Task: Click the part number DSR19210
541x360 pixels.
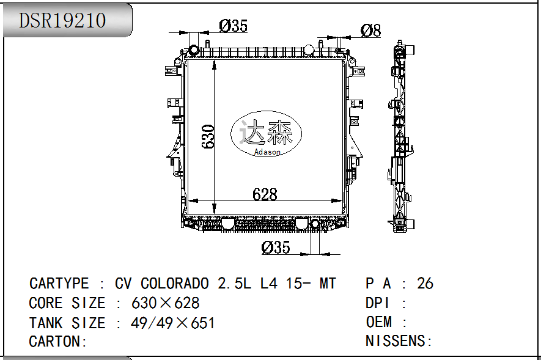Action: tap(62, 20)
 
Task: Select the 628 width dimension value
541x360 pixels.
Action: tap(265, 194)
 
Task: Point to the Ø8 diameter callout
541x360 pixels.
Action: tap(370, 30)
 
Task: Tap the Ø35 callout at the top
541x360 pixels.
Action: tap(232, 26)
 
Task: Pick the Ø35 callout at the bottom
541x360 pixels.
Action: tap(275, 248)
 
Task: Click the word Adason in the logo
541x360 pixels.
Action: tap(267, 152)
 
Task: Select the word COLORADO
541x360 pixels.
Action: tap(176, 284)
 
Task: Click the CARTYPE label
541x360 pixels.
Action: tap(59, 284)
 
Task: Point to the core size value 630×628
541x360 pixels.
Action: tap(166, 303)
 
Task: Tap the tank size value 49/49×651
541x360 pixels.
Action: tap(173, 323)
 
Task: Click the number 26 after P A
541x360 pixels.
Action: tap(425, 284)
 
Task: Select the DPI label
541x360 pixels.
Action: tap(378, 303)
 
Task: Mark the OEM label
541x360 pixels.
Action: tap(378, 322)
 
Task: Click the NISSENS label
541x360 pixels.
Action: tap(398, 342)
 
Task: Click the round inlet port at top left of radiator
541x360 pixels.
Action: tap(194, 50)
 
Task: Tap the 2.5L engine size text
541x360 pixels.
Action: tap(232, 284)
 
